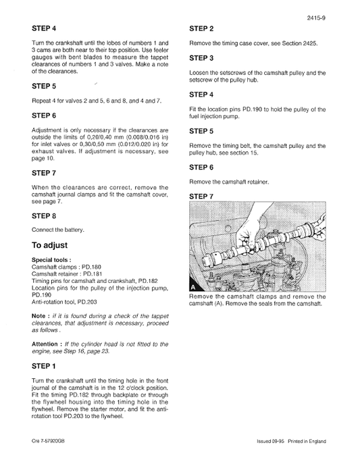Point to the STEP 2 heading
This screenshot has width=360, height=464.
point(202,29)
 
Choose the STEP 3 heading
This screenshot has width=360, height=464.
point(202,59)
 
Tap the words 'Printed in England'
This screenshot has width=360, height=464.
point(308,441)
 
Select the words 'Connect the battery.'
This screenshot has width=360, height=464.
point(58,230)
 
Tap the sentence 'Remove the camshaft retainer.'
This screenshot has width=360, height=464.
point(229,182)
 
